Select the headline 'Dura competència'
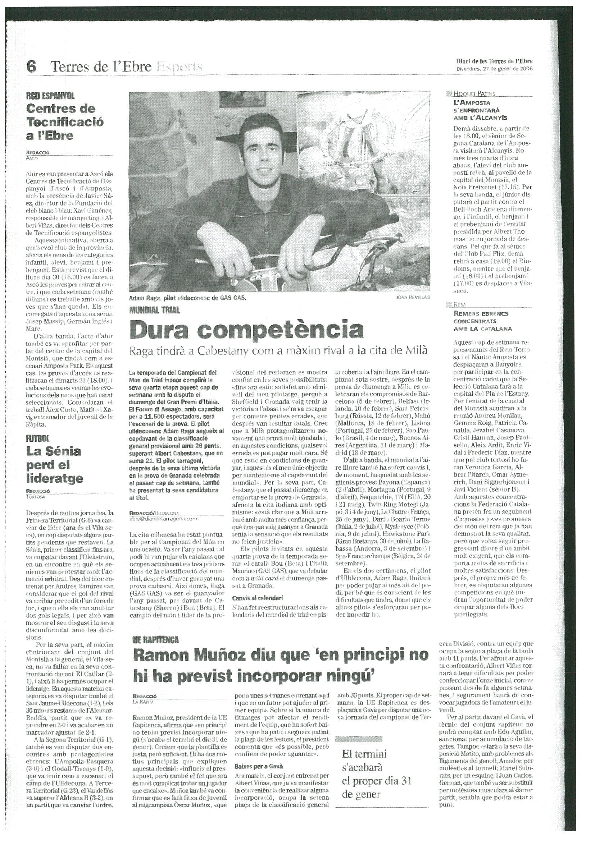pyautogui.click(x=247, y=330)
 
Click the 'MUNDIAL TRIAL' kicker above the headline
pyautogui.click(x=154, y=311)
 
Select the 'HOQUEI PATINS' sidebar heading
pyautogui.click(x=474, y=93)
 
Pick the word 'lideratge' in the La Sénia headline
pyautogui.click(x=55, y=478)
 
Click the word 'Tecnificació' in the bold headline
pyautogui.click(x=65, y=122)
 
